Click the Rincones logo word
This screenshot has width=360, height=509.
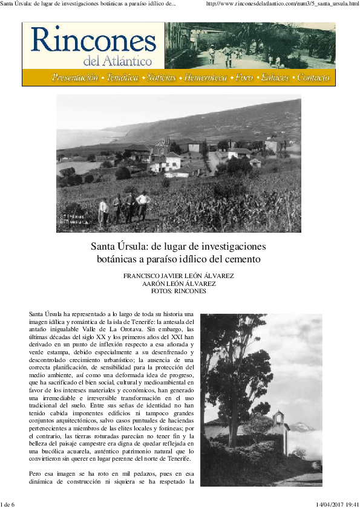point(93,41)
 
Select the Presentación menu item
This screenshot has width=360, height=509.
point(75,78)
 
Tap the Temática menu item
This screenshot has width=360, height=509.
point(122,78)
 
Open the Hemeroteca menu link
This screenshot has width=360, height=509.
point(206,78)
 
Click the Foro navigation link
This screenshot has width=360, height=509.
point(244,78)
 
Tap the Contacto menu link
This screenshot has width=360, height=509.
point(313,78)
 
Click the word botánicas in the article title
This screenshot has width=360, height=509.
point(122,260)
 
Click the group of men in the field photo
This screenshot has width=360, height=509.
point(125,207)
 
